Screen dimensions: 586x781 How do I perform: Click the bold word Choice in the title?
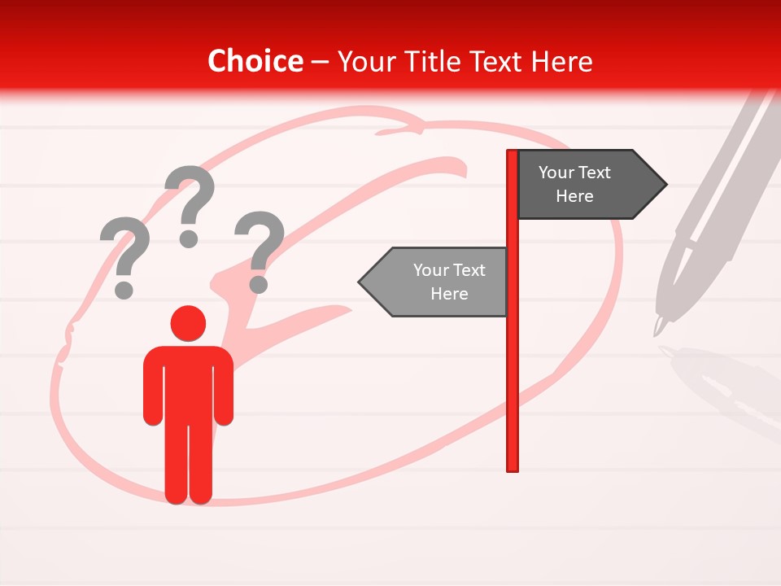(255, 62)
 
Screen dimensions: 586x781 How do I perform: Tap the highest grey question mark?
(190, 199)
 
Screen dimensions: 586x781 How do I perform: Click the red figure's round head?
(188, 323)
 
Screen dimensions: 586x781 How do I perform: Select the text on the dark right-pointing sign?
(574, 184)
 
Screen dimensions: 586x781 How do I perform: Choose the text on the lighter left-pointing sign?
(448, 282)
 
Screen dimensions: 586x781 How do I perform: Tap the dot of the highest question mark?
(189, 238)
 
